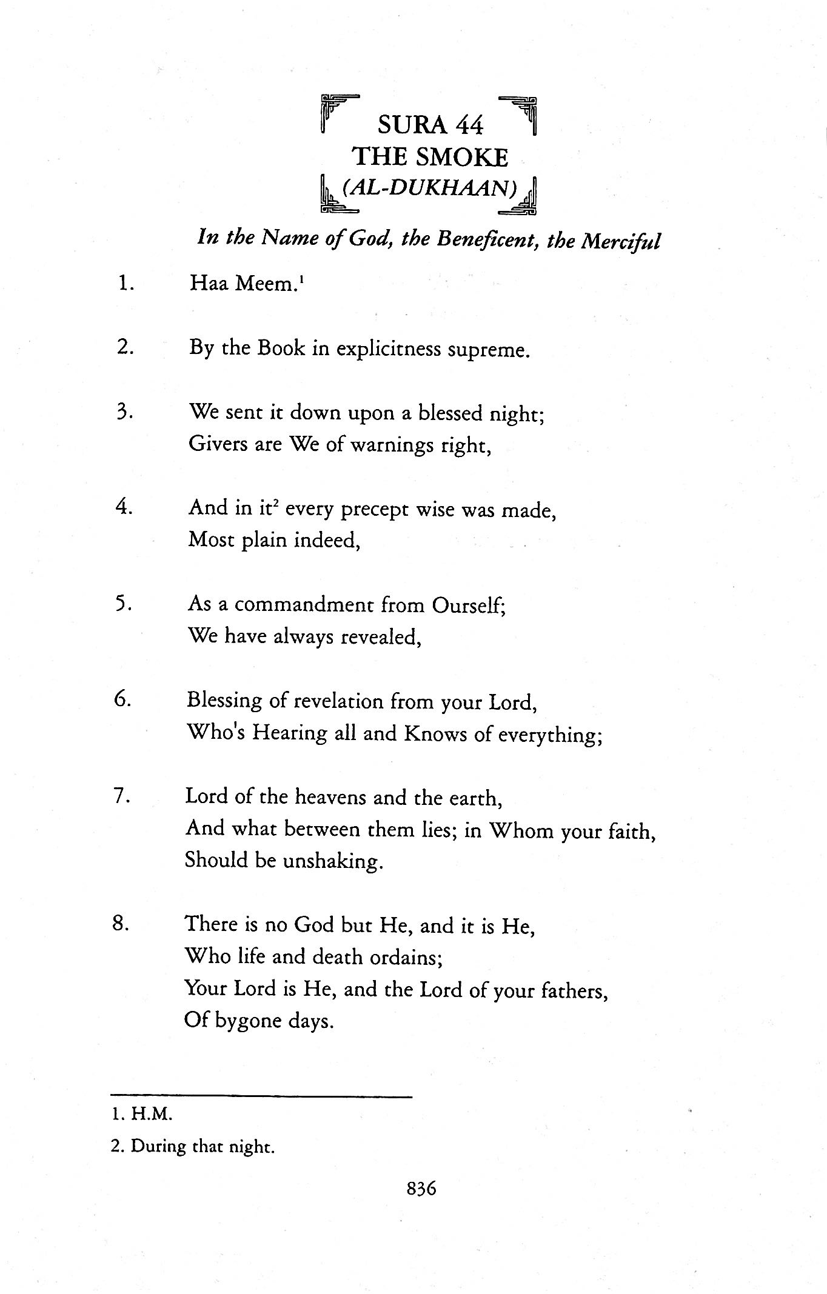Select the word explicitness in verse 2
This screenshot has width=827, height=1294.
(x=389, y=350)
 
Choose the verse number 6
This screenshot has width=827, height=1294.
(x=123, y=700)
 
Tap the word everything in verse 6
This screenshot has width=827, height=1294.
(x=549, y=735)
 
